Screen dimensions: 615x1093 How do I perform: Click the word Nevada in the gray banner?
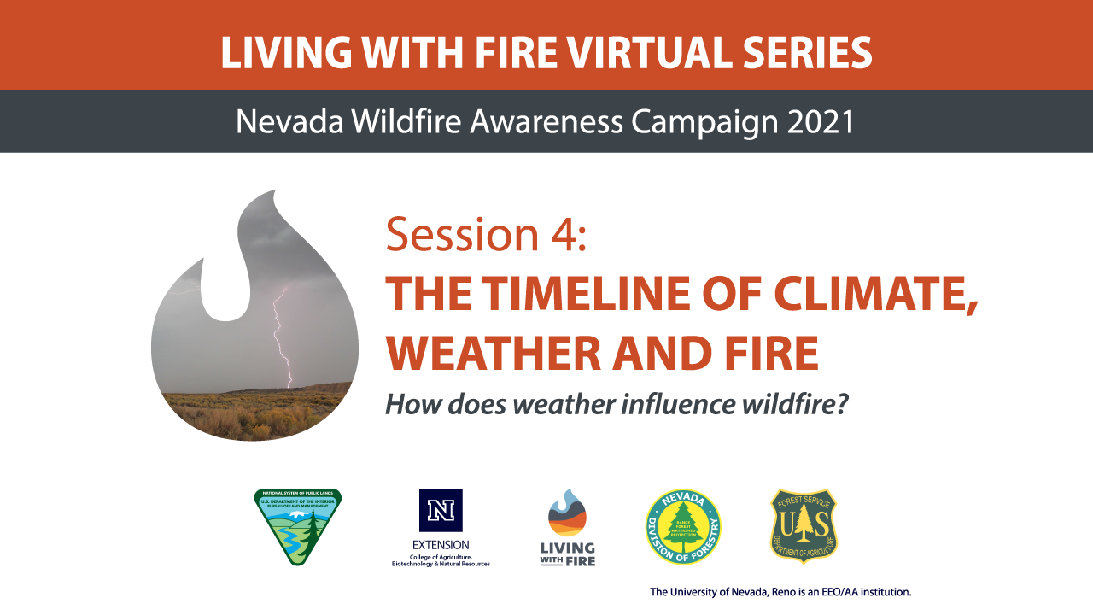tap(283, 122)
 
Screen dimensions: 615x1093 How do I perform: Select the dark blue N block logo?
tap(441, 510)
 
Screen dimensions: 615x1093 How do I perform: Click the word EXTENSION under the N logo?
tap(441, 544)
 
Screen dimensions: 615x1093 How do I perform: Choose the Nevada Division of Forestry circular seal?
tap(682, 526)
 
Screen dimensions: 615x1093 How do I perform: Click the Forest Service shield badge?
tap(804, 526)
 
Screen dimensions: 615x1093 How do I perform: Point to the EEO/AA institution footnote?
tap(780, 591)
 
